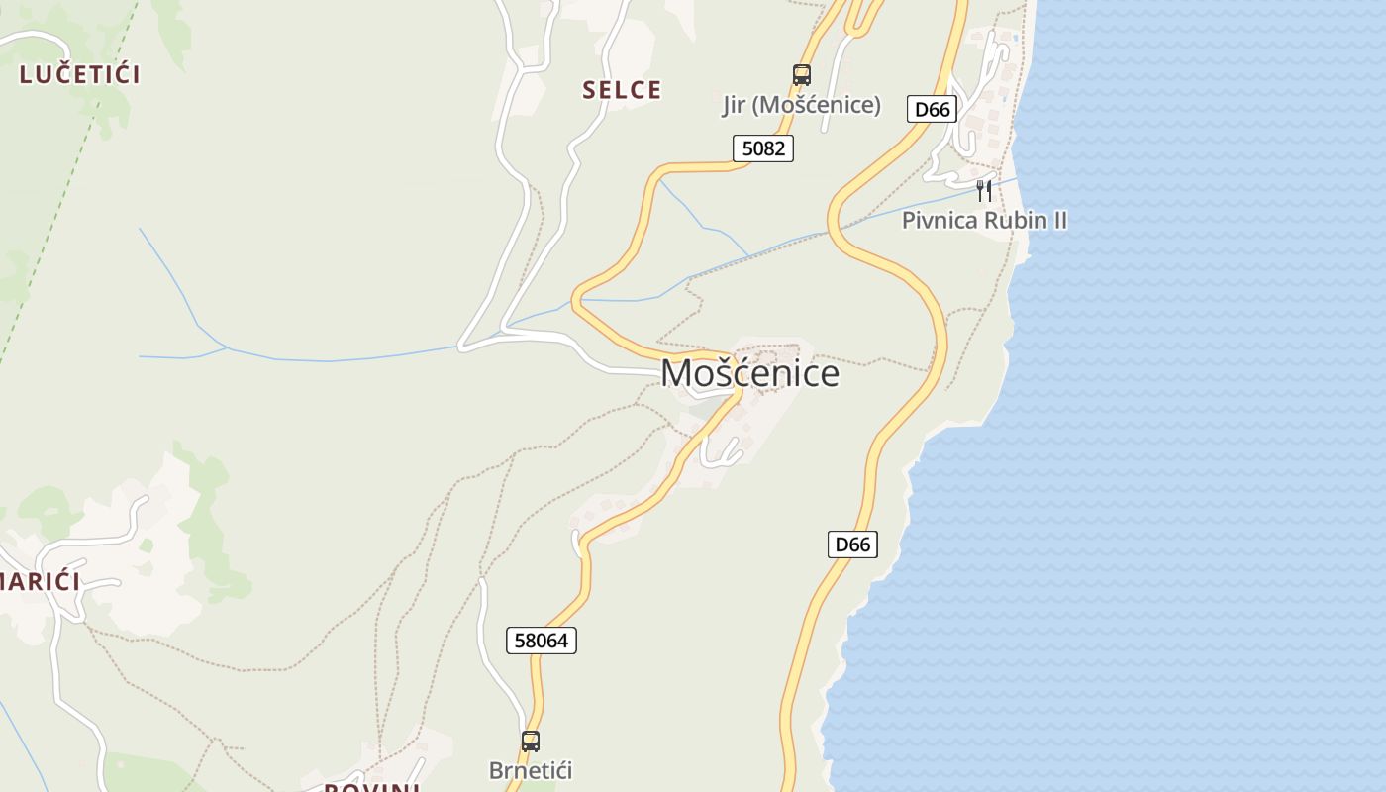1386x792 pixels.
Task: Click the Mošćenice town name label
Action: coord(749,373)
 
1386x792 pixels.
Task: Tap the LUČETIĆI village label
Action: coord(79,74)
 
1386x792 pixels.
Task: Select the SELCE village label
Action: coord(622,90)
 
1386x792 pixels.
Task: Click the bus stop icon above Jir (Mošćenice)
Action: coord(802,75)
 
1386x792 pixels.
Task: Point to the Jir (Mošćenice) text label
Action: coord(801,105)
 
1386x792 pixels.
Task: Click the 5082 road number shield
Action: coord(763,148)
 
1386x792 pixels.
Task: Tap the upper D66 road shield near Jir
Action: coord(932,109)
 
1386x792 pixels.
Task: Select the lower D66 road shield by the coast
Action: coord(852,544)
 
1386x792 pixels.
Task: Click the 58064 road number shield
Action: coord(542,641)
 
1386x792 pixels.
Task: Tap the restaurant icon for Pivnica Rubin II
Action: coord(984,189)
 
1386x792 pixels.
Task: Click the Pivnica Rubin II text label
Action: coord(984,220)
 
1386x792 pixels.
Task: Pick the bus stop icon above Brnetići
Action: coord(531,741)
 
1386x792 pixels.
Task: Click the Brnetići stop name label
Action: coord(531,770)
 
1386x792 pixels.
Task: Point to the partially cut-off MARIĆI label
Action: coord(40,581)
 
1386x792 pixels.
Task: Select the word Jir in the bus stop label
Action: coord(733,105)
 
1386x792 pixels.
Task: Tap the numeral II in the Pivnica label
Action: coord(1058,220)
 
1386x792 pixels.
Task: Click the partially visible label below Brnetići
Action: coord(373,787)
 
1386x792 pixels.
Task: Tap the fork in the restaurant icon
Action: coord(980,189)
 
